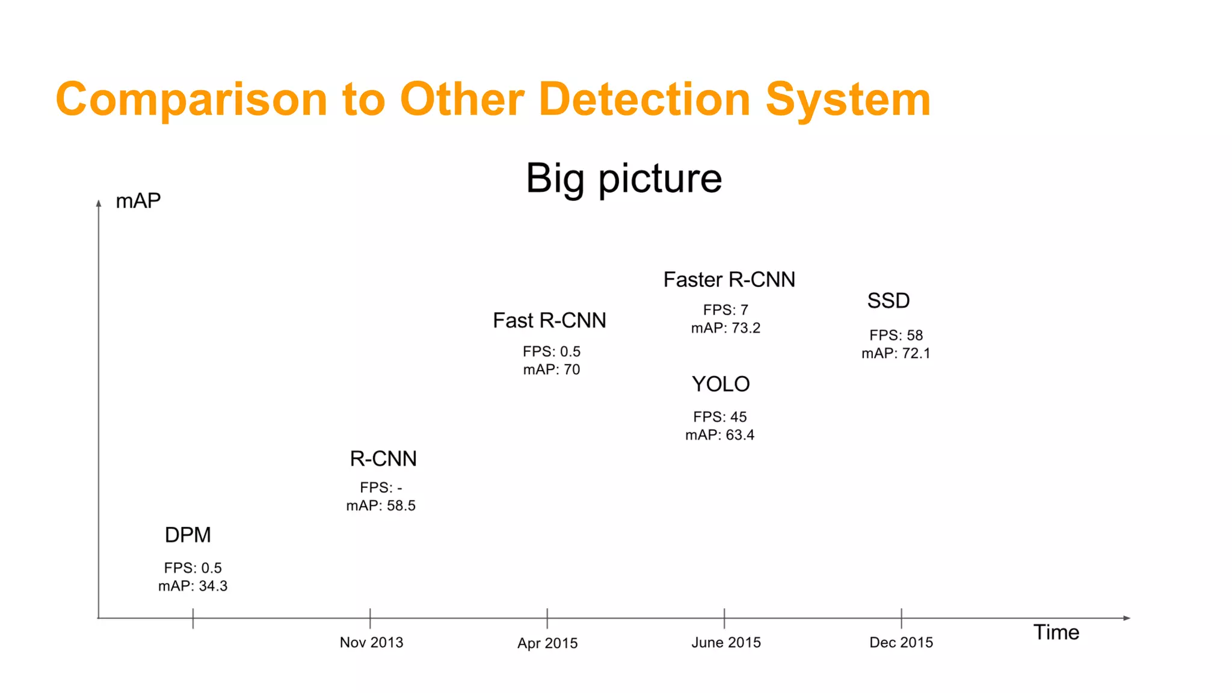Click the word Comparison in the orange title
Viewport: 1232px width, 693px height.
pyautogui.click(x=191, y=100)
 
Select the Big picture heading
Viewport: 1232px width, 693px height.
pyautogui.click(x=624, y=179)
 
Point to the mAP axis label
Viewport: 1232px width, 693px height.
pyautogui.click(x=138, y=201)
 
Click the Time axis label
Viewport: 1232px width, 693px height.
pyautogui.click(x=1056, y=632)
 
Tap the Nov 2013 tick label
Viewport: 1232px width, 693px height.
pyautogui.click(x=371, y=642)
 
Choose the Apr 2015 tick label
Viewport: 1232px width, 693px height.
pyautogui.click(x=547, y=643)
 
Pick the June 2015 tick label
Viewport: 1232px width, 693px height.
pyautogui.click(x=726, y=642)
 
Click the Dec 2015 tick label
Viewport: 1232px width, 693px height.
pyautogui.click(x=901, y=642)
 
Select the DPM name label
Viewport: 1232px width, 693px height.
pyautogui.click(x=188, y=535)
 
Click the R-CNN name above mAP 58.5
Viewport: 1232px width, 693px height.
pyautogui.click(x=383, y=459)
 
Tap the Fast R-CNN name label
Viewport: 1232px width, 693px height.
pyautogui.click(x=549, y=321)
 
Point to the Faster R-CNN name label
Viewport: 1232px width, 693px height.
pyautogui.click(x=729, y=280)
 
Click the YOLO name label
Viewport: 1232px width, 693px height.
pyautogui.click(x=721, y=384)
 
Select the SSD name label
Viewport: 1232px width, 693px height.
pyautogui.click(x=888, y=301)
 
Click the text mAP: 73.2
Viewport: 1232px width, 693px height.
pyautogui.click(x=725, y=328)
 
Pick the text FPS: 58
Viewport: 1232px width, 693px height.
pyautogui.click(x=896, y=335)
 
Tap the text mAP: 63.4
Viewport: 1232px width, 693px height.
pyautogui.click(x=719, y=435)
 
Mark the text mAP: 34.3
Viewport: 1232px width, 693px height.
pyautogui.click(x=192, y=586)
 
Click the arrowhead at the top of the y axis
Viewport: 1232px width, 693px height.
pyautogui.click(x=99, y=203)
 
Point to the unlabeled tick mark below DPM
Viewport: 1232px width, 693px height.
pyautogui.click(x=193, y=619)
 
